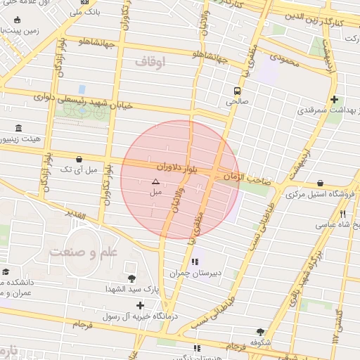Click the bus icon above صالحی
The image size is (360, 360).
click(237, 91)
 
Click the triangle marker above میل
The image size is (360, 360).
click(156, 181)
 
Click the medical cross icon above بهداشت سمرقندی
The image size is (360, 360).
click(334, 100)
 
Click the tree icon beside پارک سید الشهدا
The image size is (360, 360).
click(131, 278)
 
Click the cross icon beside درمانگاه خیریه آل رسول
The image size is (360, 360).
click(141, 305)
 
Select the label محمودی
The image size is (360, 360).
click(284, 63)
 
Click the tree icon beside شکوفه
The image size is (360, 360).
click(261, 332)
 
